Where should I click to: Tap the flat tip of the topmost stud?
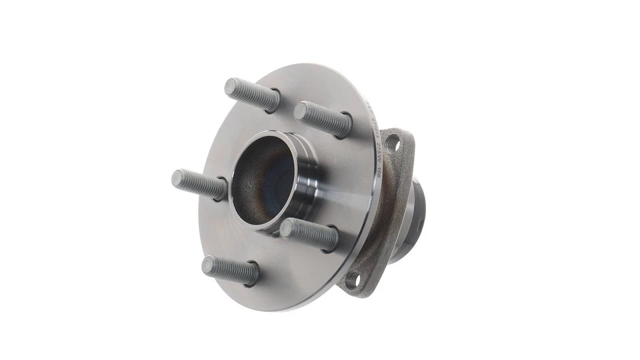pyautogui.click(x=231, y=86)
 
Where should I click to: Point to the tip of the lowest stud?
pyautogui.click(x=208, y=265)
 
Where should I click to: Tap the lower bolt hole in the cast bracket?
pyautogui.click(x=353, y=280)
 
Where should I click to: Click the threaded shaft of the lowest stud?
pyautogui.click(x=233, y=271)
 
